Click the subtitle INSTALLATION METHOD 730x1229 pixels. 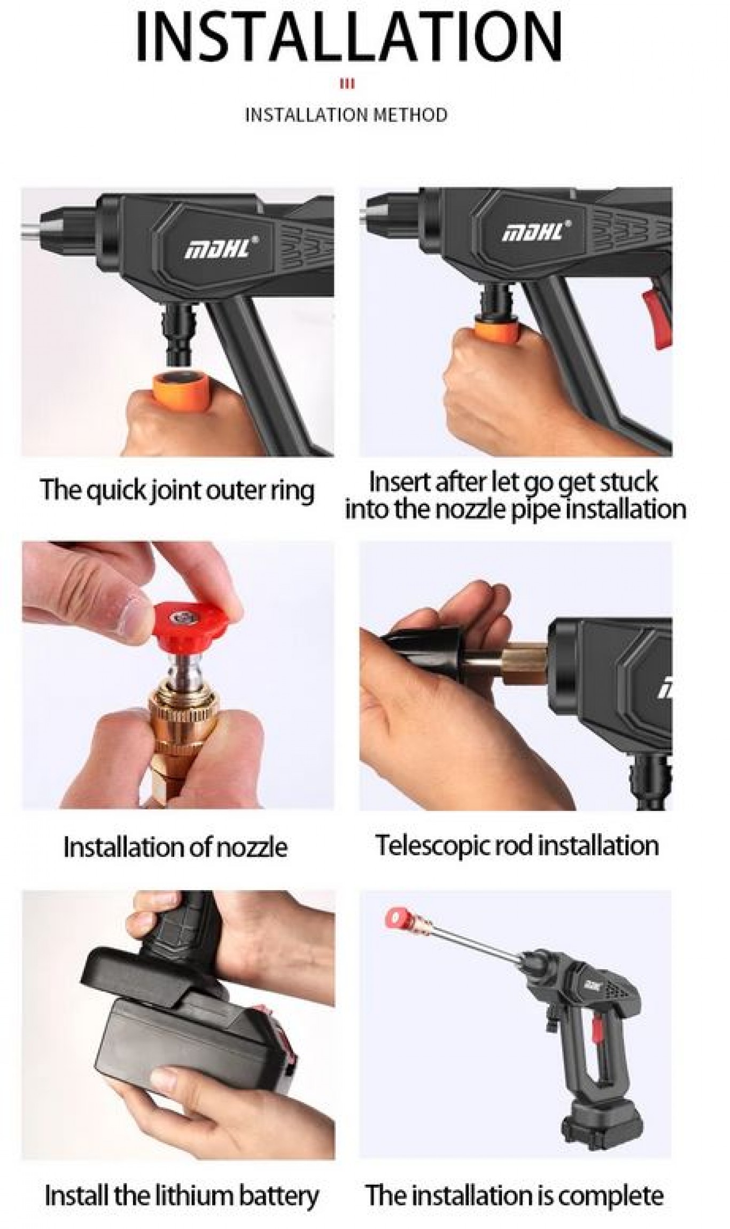click(346, 115)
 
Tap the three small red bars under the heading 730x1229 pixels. click(347, 84)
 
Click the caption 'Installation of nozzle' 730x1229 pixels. click(175, 847)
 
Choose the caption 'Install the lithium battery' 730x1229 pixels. click(181, 1196)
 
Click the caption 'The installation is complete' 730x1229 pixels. click(515, 1195)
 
